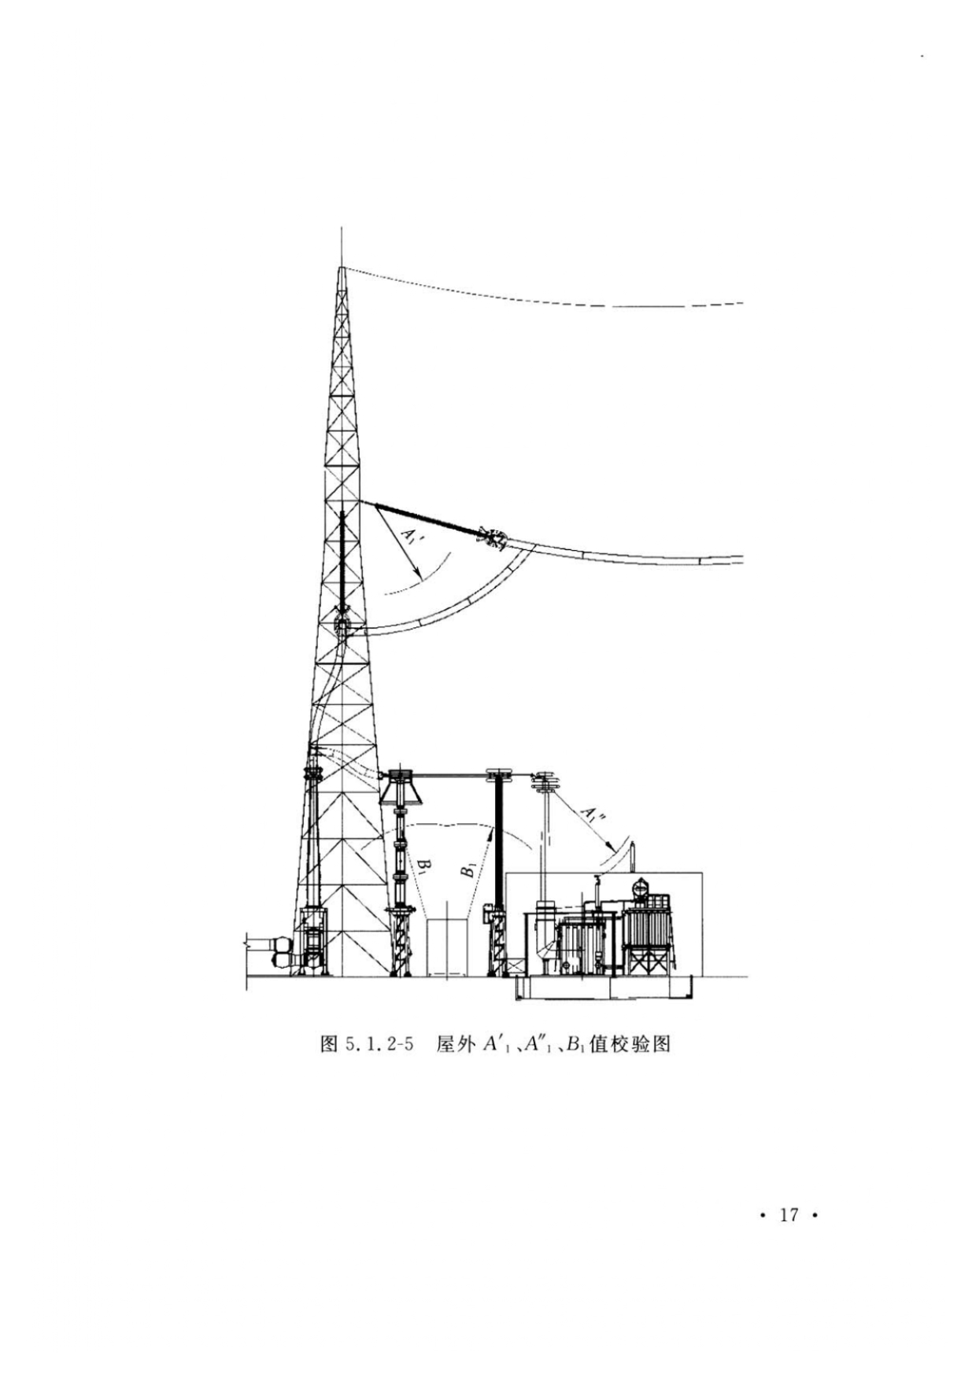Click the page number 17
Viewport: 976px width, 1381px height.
point(789,1214)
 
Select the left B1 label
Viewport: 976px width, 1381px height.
point(423,866)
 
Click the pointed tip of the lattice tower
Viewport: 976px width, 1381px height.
point(341,268)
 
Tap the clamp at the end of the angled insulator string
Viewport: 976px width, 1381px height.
point(494,539)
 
